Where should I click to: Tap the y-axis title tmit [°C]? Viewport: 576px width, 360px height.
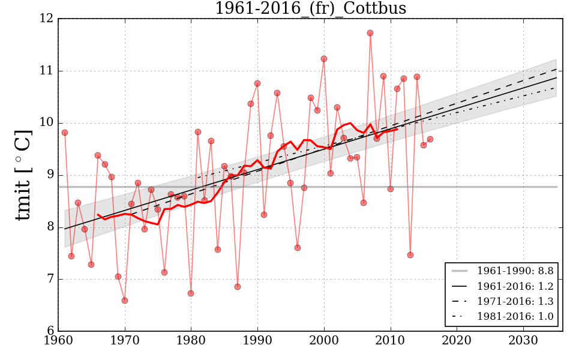(x=22, y=175)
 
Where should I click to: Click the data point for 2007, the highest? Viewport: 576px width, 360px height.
(x=370, y=33)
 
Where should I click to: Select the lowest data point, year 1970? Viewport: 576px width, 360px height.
(x=125, y=301)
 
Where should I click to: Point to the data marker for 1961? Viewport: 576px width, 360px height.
(x=65, y=133)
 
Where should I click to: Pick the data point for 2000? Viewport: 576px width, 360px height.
(x=324, y=59)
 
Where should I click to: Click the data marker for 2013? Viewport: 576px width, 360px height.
(x=410, y=255)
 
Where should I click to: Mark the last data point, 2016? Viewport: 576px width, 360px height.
(x=430, y=139)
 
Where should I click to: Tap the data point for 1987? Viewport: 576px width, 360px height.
(x=238, y=287)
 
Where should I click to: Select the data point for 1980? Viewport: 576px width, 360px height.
(x=191, y=293)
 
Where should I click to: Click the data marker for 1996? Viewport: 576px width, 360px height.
(x=298, y=248)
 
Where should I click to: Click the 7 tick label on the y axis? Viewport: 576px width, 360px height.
(x=49, y=280)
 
